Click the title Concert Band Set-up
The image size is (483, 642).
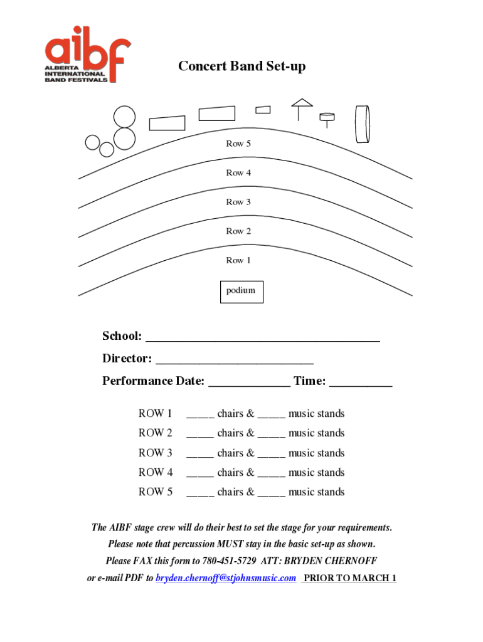point(242,66)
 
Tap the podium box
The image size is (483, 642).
point(242,291)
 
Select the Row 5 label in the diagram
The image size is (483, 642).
point(238,144)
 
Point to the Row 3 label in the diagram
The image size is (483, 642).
point(238,202)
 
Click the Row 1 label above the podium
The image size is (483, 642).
point(238,260)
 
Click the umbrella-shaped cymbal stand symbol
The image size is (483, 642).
point(301,108)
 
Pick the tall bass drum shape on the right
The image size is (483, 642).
point(362,124)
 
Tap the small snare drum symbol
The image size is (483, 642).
point(327,117)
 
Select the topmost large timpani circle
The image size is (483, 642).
point(124,117)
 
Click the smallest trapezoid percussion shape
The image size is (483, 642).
point(263,110)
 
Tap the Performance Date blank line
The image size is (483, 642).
point(249,383)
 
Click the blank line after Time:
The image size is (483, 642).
point(360,383)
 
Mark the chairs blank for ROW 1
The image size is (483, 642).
point(200,415)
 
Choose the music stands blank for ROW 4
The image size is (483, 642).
point(271,474)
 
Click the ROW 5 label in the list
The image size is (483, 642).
point(156,492)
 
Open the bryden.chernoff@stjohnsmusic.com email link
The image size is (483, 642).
point(226,578)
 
